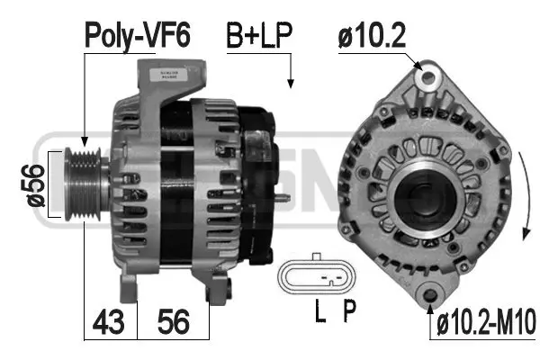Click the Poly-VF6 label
click(137, 35)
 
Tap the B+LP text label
click(259, 35)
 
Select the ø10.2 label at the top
click(372, 35)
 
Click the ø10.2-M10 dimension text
click(486, 322)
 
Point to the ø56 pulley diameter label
click(36, 185)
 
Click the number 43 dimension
click(108, 322)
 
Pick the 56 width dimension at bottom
click(174, 322)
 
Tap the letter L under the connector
click(320, 310)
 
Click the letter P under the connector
click(349, 310)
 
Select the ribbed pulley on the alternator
click(83, 184)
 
